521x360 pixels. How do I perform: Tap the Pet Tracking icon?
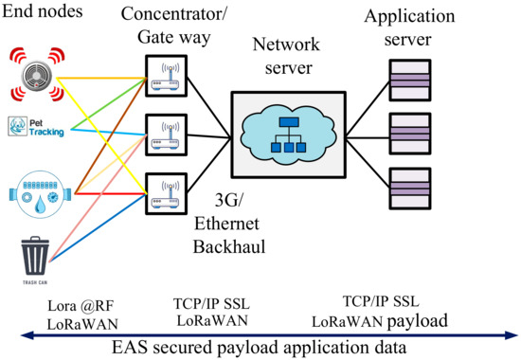35,126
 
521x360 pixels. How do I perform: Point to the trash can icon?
34,243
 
